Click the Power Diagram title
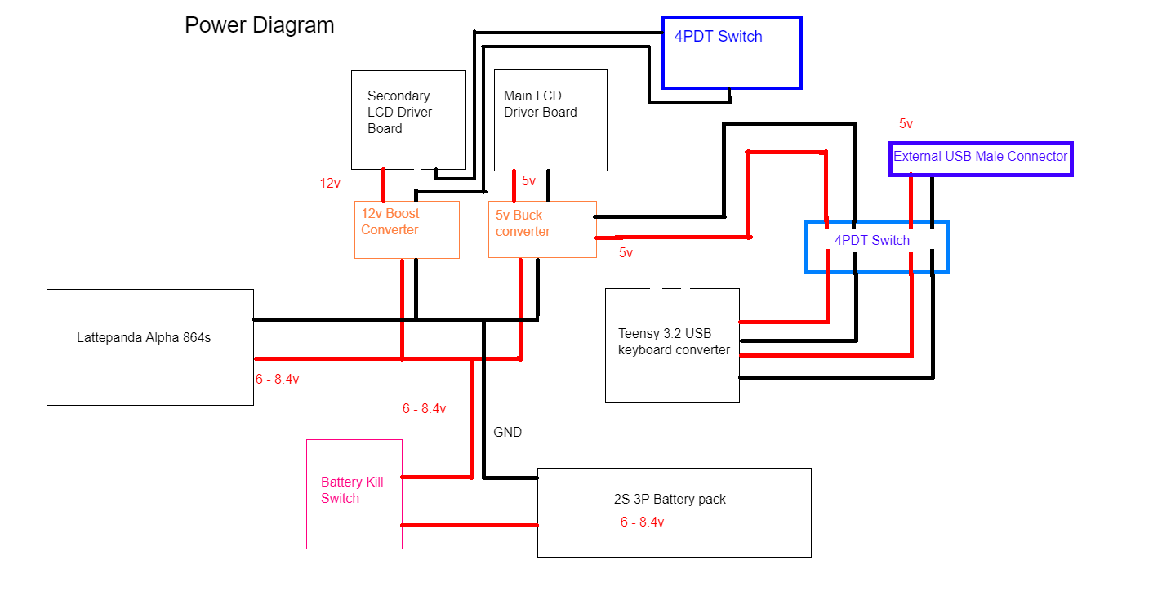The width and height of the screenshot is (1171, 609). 259,25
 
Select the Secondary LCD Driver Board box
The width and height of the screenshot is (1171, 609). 407,119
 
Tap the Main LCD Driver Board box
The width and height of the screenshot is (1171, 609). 550,120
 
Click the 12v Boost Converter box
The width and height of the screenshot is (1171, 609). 407,229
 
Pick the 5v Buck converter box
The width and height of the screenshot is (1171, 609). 542,229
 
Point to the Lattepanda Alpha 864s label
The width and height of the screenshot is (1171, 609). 144,337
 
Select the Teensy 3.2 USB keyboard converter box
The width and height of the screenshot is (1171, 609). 672,345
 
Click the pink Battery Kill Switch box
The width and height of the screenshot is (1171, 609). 354,494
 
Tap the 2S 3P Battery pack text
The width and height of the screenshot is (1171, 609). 670,500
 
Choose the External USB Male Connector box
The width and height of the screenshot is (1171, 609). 980,158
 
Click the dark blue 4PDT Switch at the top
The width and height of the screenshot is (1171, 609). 731,52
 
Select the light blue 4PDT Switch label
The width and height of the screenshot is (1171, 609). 871,241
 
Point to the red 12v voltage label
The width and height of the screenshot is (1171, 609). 330,184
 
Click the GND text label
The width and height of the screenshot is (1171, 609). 507,433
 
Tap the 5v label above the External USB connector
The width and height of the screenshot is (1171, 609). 906,124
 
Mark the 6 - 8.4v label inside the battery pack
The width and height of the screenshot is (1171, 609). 642,522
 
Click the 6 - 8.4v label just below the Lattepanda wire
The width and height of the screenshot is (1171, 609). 277,380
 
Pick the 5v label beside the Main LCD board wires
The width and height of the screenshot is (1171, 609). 528,181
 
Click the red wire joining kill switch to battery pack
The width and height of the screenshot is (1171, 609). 470,525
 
